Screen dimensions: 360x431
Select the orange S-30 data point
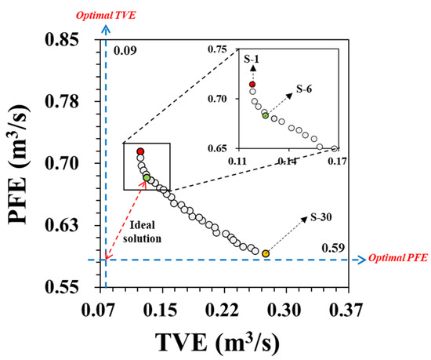(266, 253)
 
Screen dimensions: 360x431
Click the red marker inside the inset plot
(252, 84)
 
